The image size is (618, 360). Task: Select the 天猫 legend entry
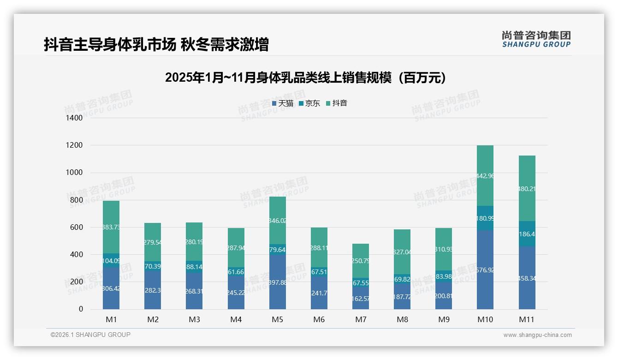pos(282,103)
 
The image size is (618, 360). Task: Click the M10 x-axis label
pos(485,319)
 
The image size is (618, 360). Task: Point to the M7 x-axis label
pos(361,319)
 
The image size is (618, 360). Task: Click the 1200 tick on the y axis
pos(74,145)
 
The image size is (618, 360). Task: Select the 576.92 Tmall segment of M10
pos(485,270)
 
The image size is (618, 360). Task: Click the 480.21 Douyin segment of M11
pos(527,188)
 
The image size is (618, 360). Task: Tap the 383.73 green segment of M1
pos(111,227)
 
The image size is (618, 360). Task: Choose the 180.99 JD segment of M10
pos(485,218)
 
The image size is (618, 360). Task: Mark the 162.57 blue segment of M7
pos(361,298)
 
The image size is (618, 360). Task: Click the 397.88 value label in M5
pos(278,282)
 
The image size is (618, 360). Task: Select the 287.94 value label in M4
pos(236,248)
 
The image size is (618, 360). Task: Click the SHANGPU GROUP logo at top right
pos(536,39)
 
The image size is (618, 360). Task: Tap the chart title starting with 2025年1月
pos(305,78)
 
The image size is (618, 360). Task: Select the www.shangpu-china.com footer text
pos(537,335)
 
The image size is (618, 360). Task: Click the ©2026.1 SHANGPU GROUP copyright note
pos(90,335)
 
